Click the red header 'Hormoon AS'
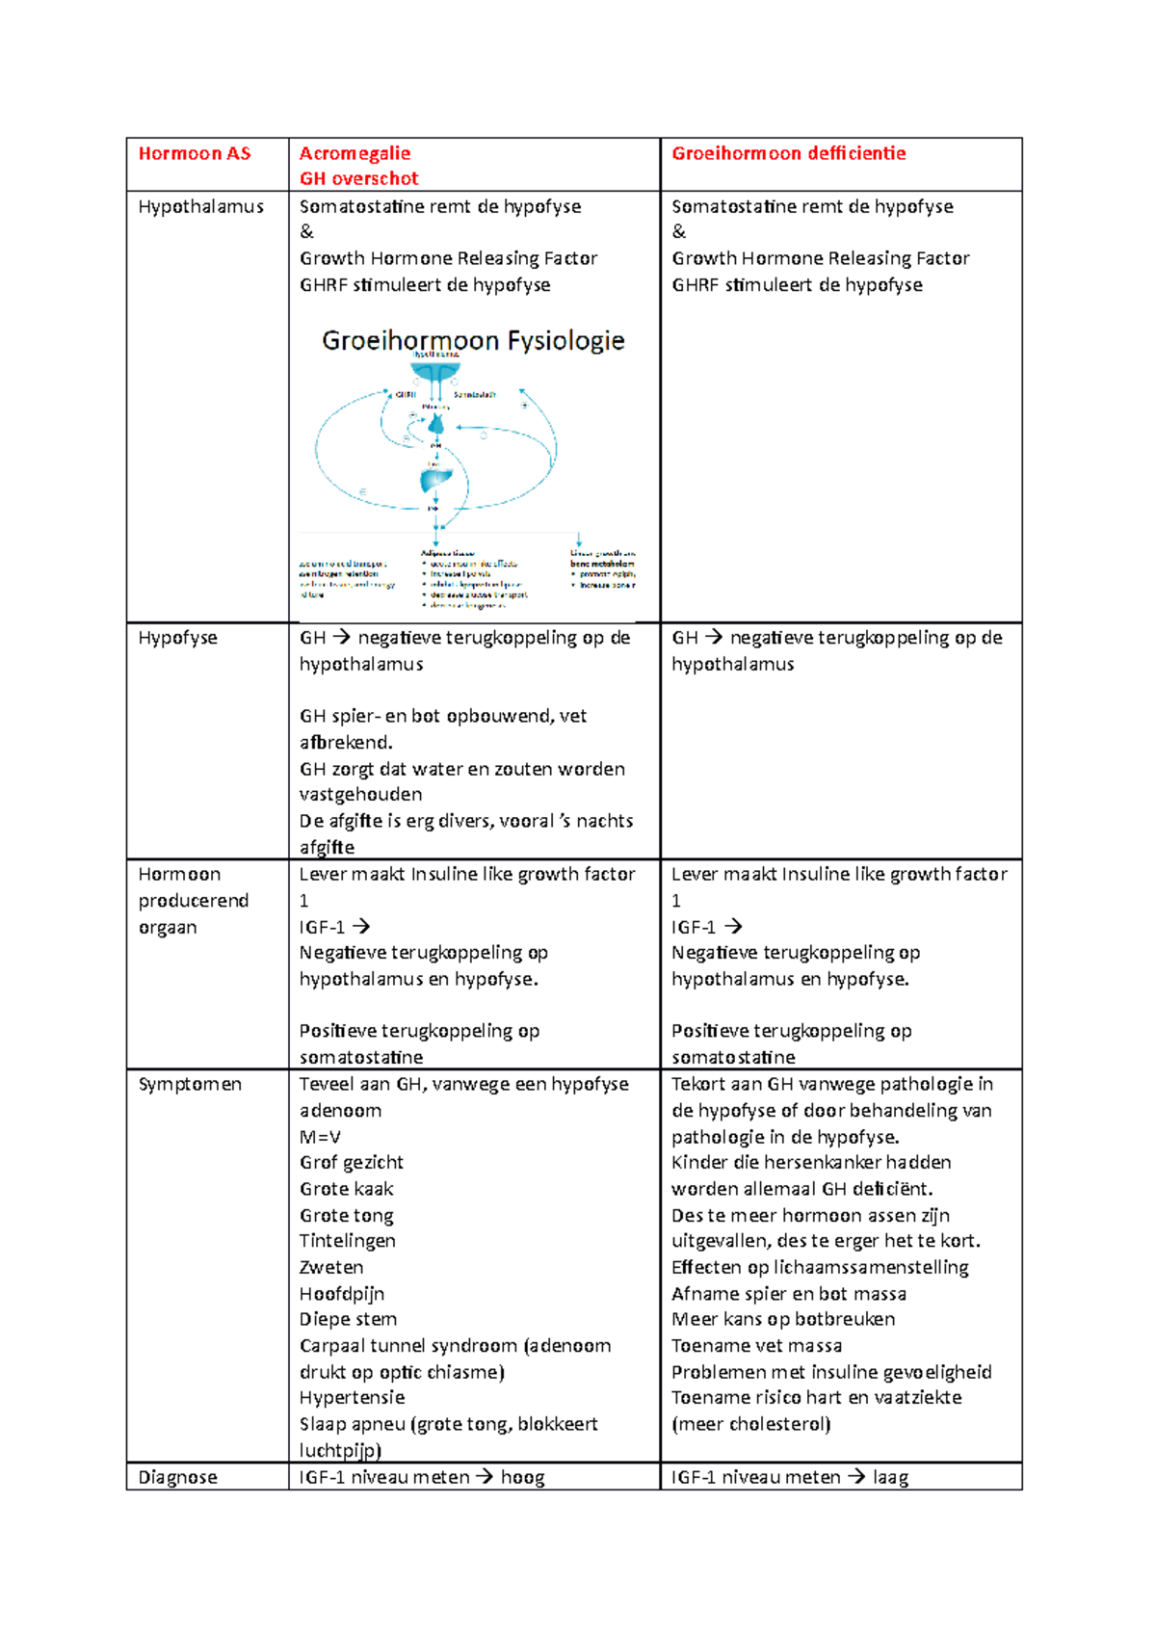point(194,153)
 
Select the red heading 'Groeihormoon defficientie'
point(788,153)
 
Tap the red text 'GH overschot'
point(358,178)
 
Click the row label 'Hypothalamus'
point(200,206)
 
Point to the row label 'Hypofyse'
point(177,638)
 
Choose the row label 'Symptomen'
point(190,1084)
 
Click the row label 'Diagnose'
point(177,1477)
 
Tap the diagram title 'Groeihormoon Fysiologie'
point(473,340)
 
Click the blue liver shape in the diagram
point(435,480)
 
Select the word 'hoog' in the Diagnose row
point(522,1477)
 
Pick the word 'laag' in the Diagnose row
point(890,1477)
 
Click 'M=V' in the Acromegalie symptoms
point(320,1137)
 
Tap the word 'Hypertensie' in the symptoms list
point(352,1397)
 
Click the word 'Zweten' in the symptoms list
point(331,1267)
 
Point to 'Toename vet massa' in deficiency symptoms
point(756,1345)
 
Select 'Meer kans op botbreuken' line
point(782,1319)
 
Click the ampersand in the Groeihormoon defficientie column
point(679,231)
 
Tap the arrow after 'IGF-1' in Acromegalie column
point(361,927)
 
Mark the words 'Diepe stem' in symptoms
point(348,1319)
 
